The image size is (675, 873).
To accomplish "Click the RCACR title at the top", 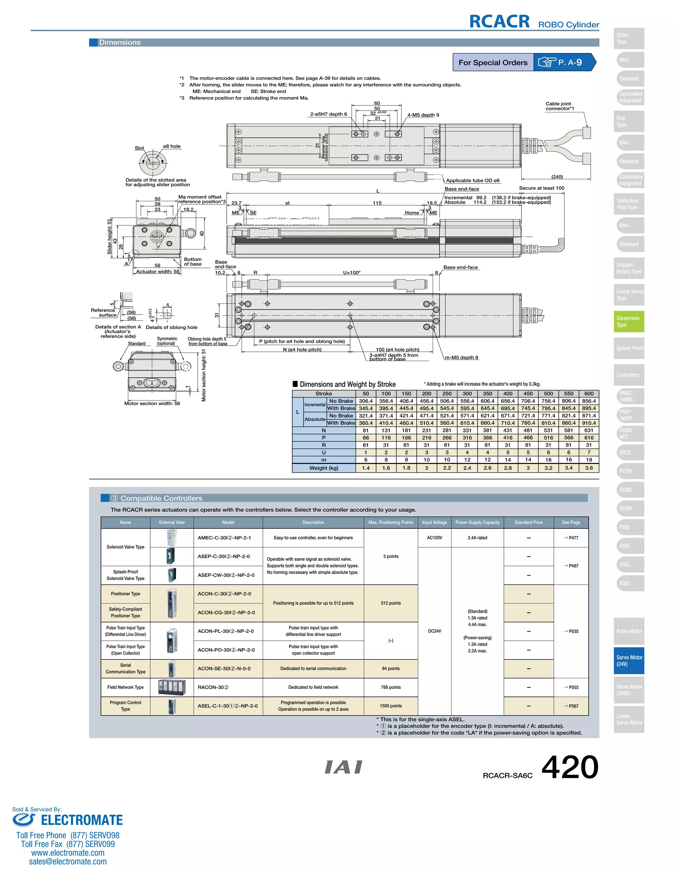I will point(499,22).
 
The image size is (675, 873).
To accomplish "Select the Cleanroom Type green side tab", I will point(629,322).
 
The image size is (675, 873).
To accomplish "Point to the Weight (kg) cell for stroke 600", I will point(589,468).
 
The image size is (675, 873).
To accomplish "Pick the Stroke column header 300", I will point(467,394).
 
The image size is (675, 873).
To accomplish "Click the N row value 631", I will point(589,431).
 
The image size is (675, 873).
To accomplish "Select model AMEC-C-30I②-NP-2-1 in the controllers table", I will point(224,538).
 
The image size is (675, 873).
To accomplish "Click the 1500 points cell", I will point(391,706).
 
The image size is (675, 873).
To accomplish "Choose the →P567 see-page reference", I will point(571,706).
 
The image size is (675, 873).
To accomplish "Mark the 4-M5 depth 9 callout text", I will point(423,115).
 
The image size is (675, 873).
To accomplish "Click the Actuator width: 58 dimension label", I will point(158,271).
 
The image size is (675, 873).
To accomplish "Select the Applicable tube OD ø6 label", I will point(473,180).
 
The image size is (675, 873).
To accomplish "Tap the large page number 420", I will point(570,768).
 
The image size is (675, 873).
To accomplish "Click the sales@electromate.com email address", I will point(68,861).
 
